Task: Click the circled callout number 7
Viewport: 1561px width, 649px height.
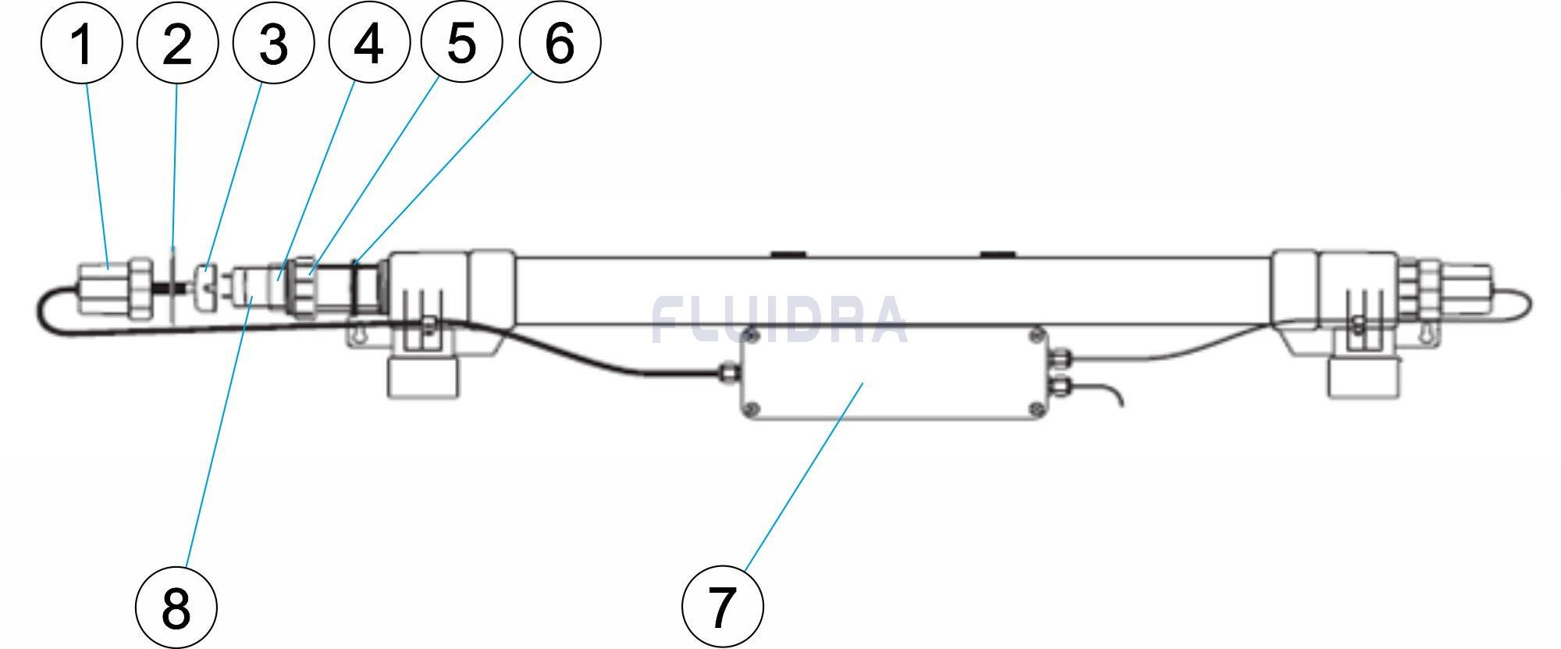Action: coord(722,607)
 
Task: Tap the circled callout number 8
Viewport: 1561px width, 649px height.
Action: coord(176,607)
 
